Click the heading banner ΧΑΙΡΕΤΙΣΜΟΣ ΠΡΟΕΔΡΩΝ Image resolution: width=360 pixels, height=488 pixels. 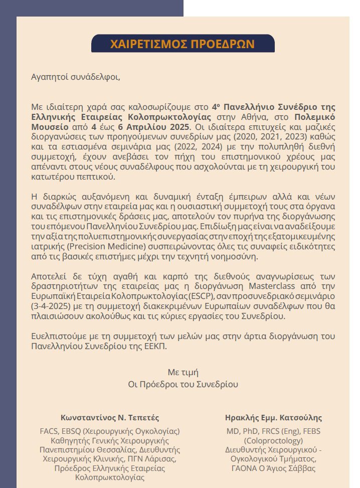[x=183, y=44]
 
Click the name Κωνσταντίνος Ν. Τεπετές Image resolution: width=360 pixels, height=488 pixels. [x=110, y=417]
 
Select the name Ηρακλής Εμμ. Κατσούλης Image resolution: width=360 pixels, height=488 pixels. [x=274, y=417]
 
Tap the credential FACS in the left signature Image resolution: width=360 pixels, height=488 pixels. [x=49, y=431]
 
